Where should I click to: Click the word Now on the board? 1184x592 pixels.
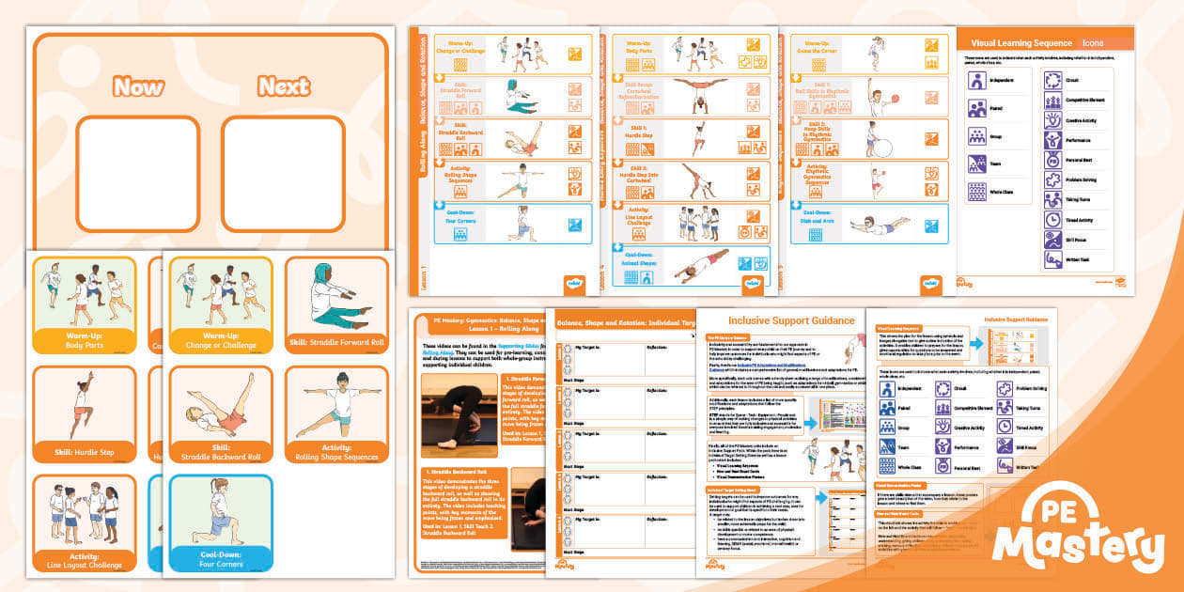138,87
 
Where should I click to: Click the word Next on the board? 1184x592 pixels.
284,87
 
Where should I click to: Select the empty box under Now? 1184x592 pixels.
138,173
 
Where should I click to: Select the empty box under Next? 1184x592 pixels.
284,173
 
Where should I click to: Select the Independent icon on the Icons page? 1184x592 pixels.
977,82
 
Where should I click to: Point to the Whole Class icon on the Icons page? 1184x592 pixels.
977,191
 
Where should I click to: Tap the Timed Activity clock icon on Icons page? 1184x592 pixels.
1053,218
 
